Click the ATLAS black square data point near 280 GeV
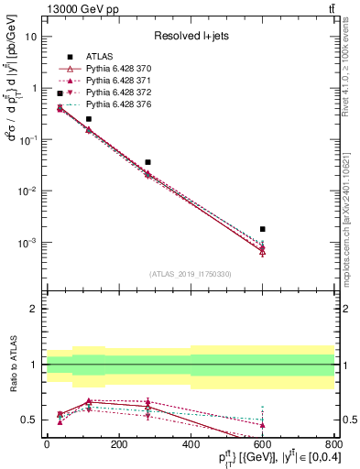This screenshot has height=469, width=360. point(147,162)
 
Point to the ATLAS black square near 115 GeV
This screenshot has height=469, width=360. point(89,119)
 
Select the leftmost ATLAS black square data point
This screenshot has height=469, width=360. point(60,93)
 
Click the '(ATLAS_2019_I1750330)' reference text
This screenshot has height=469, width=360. point(191,274)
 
